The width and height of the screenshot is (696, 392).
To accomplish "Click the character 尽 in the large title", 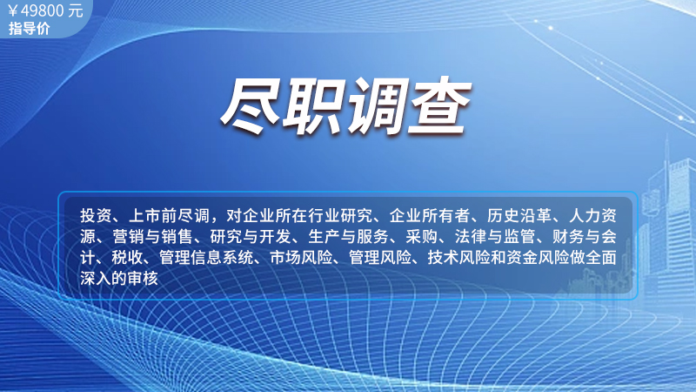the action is pos(251,105).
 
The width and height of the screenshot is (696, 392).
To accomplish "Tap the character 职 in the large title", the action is pos(314,105).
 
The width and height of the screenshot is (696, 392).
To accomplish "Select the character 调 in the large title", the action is pos(377,105).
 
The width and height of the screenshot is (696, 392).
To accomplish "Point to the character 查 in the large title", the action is pos(439,105).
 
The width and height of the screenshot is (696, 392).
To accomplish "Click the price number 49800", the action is pos(43,10).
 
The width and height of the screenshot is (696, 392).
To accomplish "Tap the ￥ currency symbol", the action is pos(13,11).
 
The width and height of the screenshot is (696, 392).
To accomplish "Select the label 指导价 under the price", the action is pos(30,29).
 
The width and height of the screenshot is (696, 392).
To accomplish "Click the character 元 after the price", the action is pos(76,10).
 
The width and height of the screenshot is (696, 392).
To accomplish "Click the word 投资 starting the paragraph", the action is pos(97,216).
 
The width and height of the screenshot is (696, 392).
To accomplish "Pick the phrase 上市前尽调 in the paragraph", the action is pos(169,216).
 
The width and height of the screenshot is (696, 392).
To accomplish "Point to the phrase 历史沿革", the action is pos(519,216).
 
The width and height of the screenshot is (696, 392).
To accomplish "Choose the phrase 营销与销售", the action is pos(153,237).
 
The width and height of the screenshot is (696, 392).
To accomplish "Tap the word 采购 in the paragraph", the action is pos(422,237).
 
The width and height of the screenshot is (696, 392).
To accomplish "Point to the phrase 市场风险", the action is pos(301,258).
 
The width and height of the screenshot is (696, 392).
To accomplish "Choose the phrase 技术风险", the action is pos(458,258).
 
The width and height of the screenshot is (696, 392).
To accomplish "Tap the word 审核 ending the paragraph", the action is pos(143,279).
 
